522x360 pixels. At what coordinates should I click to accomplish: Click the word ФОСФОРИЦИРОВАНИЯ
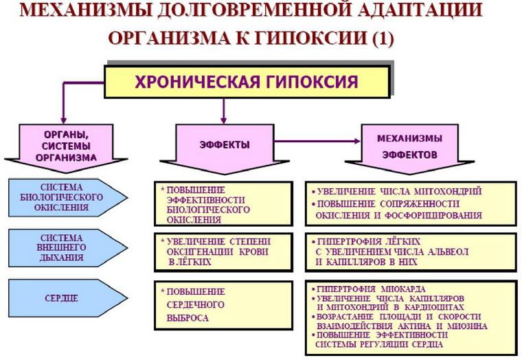pos(438,215)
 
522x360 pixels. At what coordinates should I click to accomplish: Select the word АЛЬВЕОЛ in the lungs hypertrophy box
pos(446,252)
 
